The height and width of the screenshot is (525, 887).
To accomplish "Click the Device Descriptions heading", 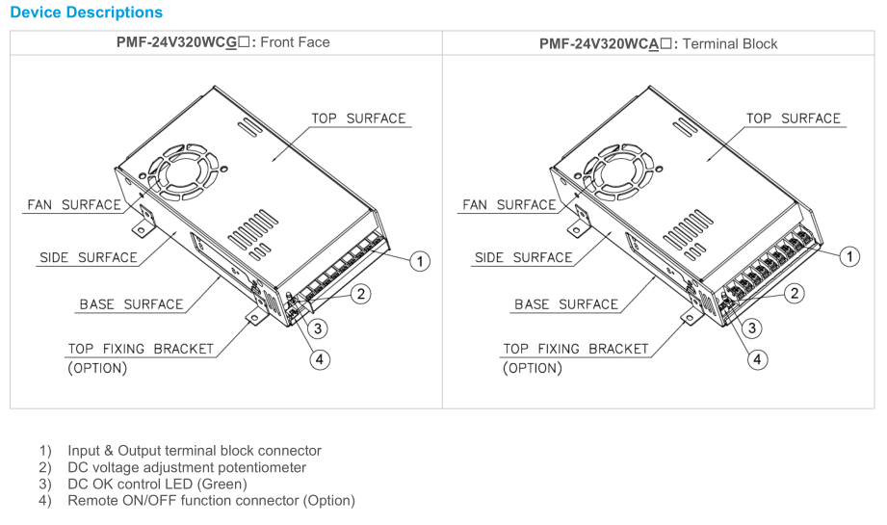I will point(86,13).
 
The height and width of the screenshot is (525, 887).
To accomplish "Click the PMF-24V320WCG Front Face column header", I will point(223,42).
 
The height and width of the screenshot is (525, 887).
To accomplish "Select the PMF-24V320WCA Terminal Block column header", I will point(658,43).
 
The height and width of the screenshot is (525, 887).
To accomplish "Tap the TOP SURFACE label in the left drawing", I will point(358,118).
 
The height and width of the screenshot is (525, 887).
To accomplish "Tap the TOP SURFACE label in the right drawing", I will point(794,118).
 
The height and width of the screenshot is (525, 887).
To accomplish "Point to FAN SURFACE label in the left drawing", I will point(73,205).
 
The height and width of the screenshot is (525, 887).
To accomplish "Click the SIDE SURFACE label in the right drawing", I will point(523,258).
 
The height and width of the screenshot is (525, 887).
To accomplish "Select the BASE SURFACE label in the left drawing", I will point(131,304).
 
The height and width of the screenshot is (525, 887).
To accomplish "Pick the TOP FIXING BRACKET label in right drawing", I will point(575,349).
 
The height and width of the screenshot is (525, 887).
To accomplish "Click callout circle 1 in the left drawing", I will point(419,260).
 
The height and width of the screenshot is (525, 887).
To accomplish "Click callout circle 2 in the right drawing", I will point(795,294).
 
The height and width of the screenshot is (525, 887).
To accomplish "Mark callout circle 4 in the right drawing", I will point(759,359).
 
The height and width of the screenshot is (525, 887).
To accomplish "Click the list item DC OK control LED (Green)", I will point(157,484).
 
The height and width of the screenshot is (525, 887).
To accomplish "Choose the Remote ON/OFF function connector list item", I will point(211,500).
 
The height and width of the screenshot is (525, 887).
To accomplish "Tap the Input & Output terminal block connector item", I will point(194,451).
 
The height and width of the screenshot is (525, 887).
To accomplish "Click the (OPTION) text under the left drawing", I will point(97,368).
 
